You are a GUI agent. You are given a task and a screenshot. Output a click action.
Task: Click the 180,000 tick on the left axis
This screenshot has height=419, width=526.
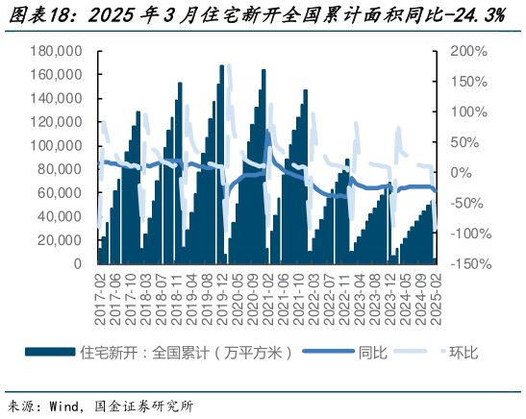click(57, 51)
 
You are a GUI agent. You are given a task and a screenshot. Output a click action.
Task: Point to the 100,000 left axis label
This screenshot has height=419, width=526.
click(57, 145)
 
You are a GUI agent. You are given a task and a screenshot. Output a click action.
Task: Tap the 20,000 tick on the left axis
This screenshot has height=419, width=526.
click(61, 239)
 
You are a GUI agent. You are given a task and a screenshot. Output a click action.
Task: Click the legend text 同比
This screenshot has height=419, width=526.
click(373, 353)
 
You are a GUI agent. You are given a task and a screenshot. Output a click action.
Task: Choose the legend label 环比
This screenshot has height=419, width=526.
click(463, 353)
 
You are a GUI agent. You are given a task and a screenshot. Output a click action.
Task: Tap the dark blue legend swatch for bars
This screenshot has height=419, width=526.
click(49, 353)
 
